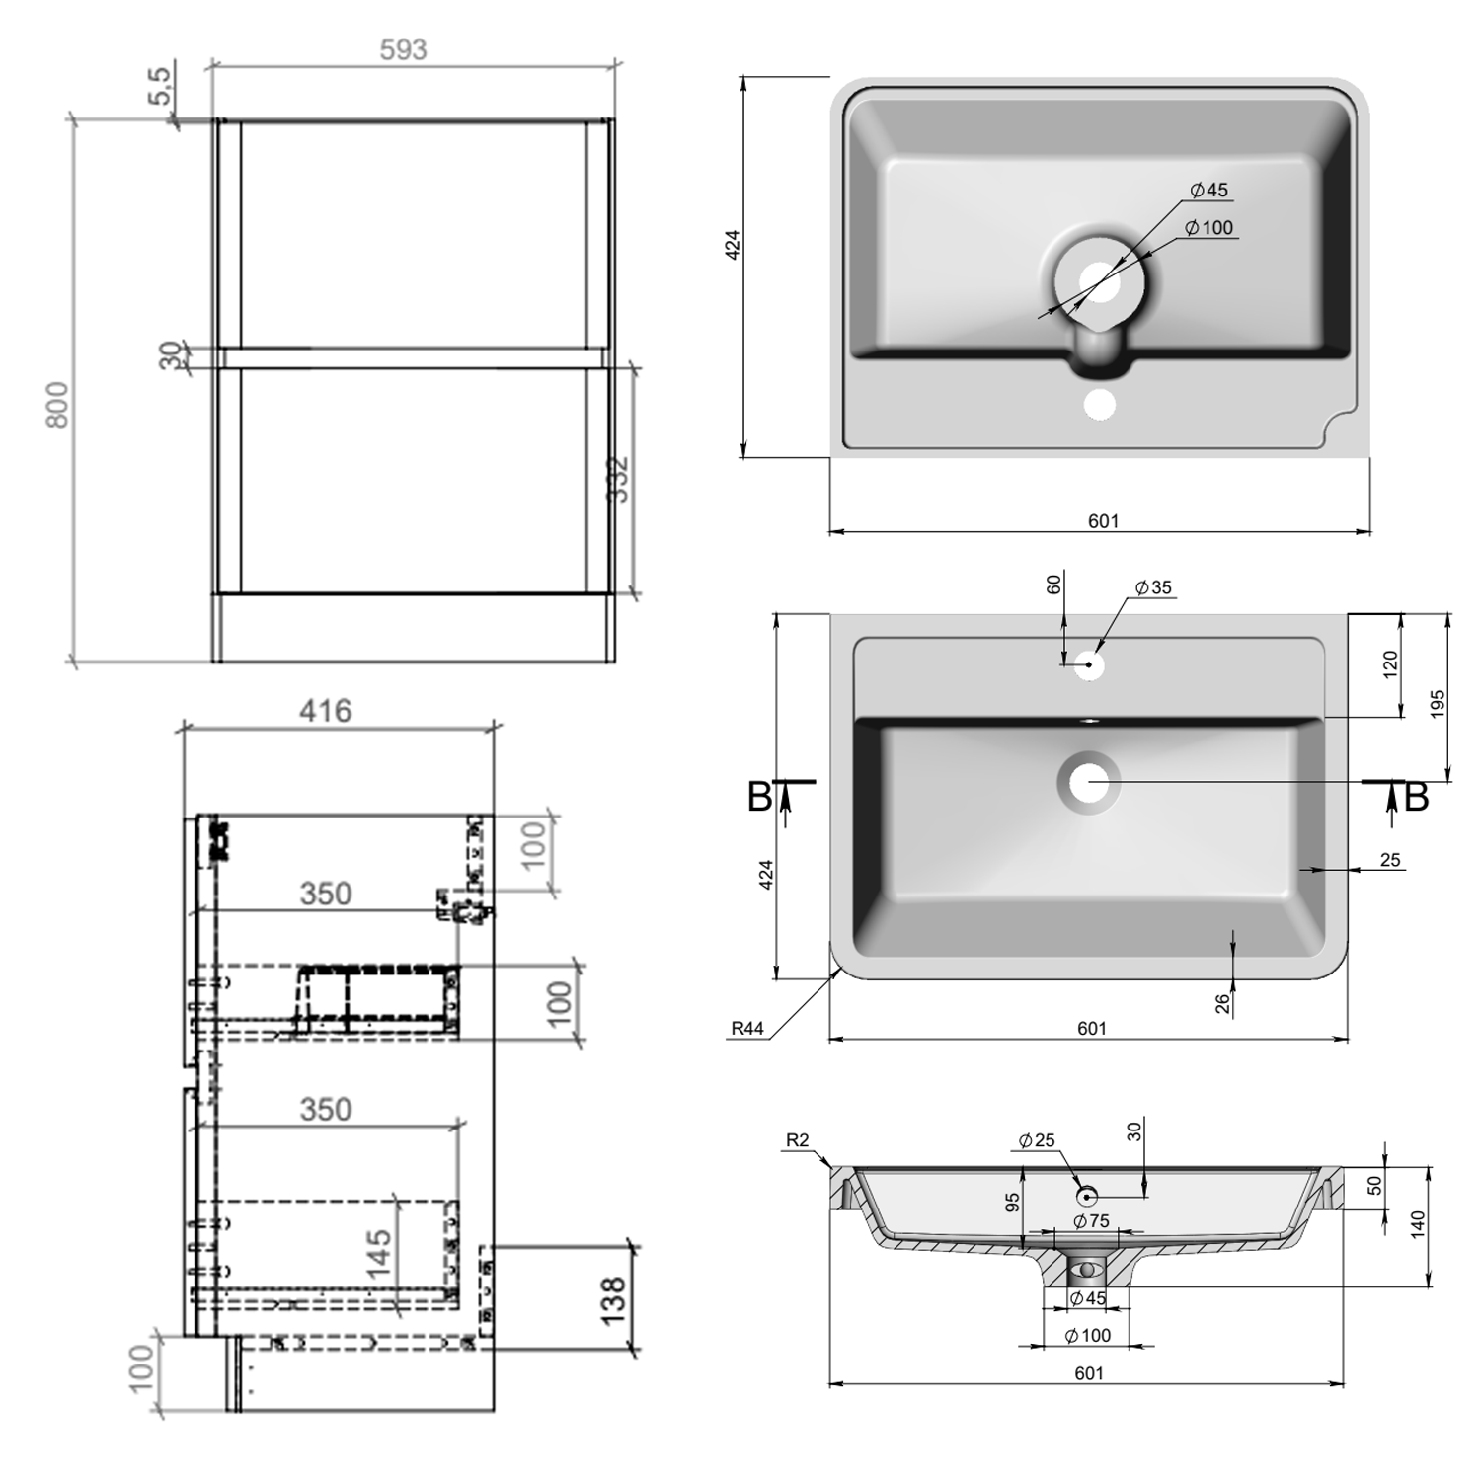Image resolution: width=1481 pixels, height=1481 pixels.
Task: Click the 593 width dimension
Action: click(403, 49)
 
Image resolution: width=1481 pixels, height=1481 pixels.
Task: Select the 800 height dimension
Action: click(57, 404)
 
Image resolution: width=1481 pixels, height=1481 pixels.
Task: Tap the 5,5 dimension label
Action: click(162, 88)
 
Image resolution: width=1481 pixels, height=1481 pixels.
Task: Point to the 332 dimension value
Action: click(617, 479)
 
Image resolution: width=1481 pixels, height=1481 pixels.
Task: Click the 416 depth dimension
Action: click(325, 711)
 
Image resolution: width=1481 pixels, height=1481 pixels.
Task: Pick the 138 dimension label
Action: click(612, 1300)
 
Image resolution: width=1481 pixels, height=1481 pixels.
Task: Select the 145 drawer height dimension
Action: click(380, 1253)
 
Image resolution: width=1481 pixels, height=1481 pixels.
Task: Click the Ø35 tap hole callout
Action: click(1152, 587)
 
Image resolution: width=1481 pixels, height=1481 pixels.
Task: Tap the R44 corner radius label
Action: click(747, 1029)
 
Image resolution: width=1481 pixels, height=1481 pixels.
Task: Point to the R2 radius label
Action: click(797, 1140)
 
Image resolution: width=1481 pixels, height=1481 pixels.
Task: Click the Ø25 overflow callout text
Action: click(1037, 1140)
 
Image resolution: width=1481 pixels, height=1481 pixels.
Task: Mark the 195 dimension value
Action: click(1438, 703)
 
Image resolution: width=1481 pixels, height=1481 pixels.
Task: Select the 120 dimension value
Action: click(1390, 663)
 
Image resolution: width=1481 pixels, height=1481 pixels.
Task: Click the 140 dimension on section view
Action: click(1419, 1226)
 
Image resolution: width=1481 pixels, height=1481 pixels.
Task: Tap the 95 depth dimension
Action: click(1012, 1203)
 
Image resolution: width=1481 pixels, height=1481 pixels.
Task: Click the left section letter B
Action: click(758, 797)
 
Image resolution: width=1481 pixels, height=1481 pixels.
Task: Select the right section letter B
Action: click(1416, 797)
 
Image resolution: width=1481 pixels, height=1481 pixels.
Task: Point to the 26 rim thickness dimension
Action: click(1222, 1003)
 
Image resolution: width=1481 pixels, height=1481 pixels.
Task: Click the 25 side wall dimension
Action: click(1390, 860)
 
